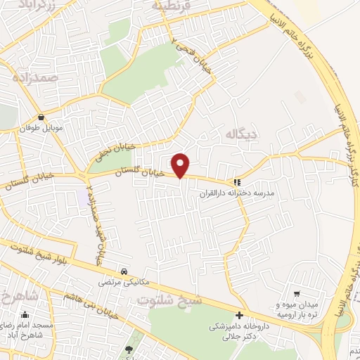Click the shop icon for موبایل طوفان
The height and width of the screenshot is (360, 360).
[x=44, y=118]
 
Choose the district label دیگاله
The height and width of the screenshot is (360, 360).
[x=238, y=132]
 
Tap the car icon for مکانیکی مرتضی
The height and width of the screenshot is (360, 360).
[x=124, y=271]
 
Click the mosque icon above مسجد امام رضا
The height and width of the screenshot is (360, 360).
[x=25, y=315]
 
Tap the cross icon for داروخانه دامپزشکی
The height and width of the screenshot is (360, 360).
[x=240, y=316]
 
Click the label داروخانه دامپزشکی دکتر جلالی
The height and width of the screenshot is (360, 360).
[x=235, y=332]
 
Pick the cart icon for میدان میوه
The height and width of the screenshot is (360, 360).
[x=297, y=294]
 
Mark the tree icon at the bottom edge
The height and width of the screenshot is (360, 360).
[x=128, y=349]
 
